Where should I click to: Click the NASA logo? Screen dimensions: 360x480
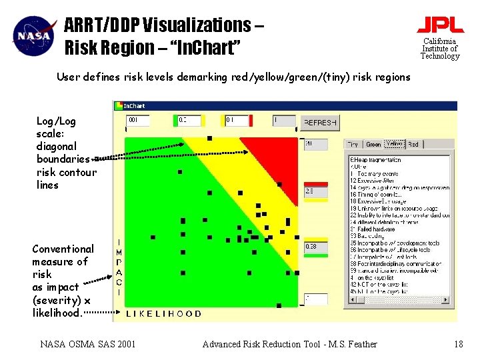click(34, 35)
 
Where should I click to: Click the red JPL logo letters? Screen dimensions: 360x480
click(440, 25)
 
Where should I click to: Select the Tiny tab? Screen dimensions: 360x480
click(353, 144)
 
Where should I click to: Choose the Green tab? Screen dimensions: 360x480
click(373, 144)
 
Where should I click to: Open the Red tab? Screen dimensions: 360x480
click(413, 144)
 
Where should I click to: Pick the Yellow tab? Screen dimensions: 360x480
click(394, 143)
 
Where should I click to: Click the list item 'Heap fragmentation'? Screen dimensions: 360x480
click(377, 160)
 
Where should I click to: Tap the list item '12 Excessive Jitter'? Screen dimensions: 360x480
click(377, 181)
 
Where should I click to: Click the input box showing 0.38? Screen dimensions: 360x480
click(316, 247)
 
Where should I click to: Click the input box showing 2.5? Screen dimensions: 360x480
click(316, 191)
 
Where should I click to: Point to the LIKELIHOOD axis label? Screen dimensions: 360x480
click(163, 313)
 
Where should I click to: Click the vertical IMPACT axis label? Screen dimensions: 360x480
click(119, 267)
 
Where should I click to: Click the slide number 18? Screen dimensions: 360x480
click(458, 344)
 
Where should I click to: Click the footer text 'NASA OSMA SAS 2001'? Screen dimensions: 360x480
click(88, 344)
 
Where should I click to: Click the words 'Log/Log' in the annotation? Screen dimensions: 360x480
click(56, 121)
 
